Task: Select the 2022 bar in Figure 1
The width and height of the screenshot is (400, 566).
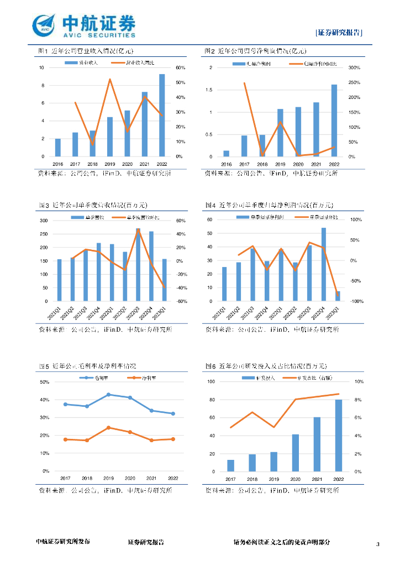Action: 161,115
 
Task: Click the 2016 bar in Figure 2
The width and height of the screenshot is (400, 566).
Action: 227,153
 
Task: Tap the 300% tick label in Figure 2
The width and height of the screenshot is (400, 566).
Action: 354,68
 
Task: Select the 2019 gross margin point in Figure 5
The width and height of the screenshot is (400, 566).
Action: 108,395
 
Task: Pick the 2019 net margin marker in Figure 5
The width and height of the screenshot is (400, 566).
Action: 108,427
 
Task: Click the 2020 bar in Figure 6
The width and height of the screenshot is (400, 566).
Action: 296,453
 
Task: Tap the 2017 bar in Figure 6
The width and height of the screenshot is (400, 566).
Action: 230,465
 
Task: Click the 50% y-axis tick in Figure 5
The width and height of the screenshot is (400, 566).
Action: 45,382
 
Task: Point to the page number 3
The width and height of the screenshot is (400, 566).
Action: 378,544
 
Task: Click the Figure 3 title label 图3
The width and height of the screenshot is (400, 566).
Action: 44,206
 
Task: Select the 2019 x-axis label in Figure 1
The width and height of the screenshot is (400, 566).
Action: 109,164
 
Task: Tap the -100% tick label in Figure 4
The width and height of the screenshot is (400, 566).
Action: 356,301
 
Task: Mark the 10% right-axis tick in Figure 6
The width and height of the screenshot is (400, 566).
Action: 358,382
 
